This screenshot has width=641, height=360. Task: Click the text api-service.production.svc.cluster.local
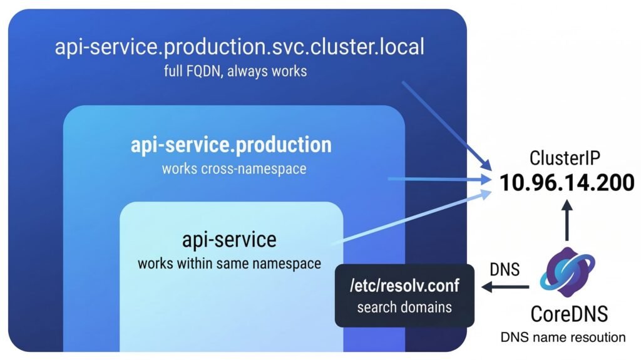(x=240, y=48)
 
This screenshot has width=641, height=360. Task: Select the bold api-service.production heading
(x=231, y=145)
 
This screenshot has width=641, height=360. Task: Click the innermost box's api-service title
(x=229, y=239)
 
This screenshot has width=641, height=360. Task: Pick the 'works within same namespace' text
(x=229, y=262)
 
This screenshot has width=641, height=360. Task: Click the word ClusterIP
(x=566, y=158)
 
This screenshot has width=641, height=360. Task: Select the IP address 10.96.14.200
(x=567, y=183)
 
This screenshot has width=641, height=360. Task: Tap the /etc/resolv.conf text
(x=404, y=286)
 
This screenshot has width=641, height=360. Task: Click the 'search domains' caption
(x=404, y=307)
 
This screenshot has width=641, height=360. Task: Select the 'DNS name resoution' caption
(x=563, y=337)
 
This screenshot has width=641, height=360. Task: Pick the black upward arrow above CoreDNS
(x=567, y=219)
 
